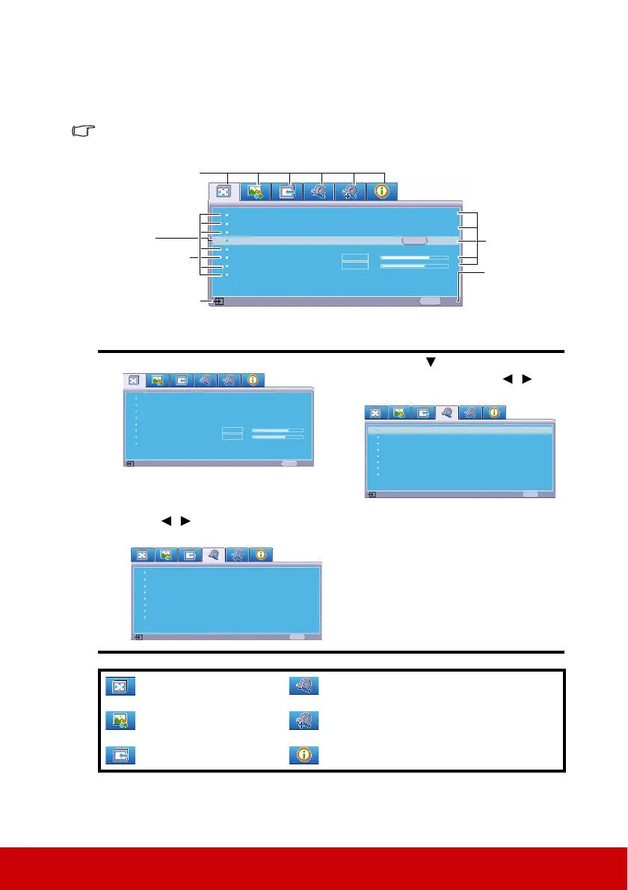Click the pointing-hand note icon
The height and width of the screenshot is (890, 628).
[x=84, y=132]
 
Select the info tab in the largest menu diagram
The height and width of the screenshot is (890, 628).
[x=382, y=191]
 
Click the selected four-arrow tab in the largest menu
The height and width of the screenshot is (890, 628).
[x=223, y=191]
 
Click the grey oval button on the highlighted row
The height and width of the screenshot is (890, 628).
[x=414, y=241]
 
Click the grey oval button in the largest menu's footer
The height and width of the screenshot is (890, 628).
[x=430, y=301]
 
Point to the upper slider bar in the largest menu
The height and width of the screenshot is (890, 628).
[x=414, y=257]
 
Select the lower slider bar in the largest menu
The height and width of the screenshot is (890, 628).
[x=414, y=266]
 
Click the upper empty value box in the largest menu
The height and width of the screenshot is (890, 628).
[x=355, y=257]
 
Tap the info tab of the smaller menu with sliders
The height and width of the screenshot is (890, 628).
[x=253, y=380]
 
